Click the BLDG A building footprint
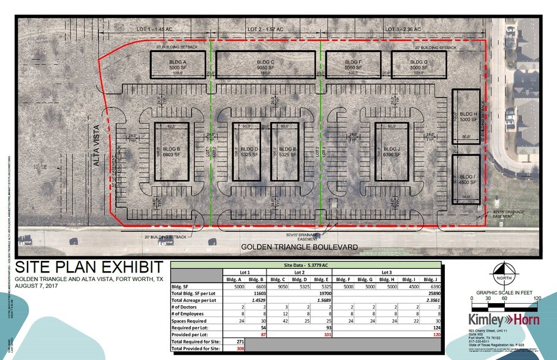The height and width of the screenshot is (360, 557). pyautogui.click(x=173, y=64)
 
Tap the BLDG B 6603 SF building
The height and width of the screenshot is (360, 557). pyautogui.click(x=173, y=151)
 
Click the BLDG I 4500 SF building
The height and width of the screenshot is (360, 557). pyautogui.click(x=468, y=179)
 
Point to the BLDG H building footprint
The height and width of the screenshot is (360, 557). pyautogui.click(x=468, y=116)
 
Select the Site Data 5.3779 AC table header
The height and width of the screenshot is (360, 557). pyautogui.click(x=305, y=265)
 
